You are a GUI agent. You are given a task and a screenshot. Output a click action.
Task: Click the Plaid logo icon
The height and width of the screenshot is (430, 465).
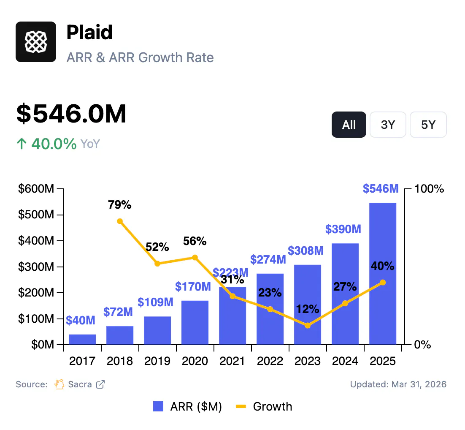(x=36, y=42)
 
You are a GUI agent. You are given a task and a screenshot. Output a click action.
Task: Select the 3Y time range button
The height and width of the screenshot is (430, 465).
(x=387, y=125)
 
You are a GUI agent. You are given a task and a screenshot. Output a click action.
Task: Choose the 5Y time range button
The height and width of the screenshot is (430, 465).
(x=428, y=125)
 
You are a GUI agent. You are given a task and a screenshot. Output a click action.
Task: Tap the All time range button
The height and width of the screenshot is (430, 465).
(x=349, y=125)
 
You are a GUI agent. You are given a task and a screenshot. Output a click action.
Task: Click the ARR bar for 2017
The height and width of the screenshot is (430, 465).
(x=82, y=339)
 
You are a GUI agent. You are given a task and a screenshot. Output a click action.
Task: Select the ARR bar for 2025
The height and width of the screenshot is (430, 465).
(x=383, y=274)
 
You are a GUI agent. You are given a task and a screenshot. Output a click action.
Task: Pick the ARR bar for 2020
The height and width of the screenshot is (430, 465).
(x=195, y=322)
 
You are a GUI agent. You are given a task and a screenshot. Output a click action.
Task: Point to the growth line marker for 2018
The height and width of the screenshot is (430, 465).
(x=120, y=221)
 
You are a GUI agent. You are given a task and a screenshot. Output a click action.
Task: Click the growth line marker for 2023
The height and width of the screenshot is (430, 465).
(x=308, y=325)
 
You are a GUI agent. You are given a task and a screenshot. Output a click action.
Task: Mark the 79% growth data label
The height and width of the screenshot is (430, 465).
(x=120, y=205)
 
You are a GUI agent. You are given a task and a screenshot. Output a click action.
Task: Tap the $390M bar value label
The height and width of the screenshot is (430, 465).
(x=343, y=229)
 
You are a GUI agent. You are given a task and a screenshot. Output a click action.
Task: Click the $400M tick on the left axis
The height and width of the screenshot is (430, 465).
(x=36, y=241)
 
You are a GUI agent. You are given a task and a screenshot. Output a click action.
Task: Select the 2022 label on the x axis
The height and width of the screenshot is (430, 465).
(x=270, y=361)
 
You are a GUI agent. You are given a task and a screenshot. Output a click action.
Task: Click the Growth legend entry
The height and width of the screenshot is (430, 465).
(x=264, y=407)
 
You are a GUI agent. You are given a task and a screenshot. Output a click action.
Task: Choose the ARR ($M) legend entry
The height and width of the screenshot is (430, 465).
(x=187, y=407)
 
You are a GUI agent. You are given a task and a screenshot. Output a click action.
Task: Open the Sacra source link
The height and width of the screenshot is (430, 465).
(x=79, y=384)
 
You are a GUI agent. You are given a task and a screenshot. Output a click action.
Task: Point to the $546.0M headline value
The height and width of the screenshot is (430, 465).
(x=72, y=114)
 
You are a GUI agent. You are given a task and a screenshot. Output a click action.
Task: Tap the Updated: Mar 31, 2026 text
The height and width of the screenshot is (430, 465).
(x=398, y=384)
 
